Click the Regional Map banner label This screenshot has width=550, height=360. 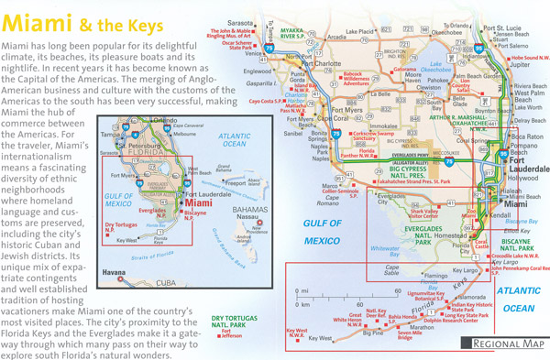pyautogui.click(x=505, y=344)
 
